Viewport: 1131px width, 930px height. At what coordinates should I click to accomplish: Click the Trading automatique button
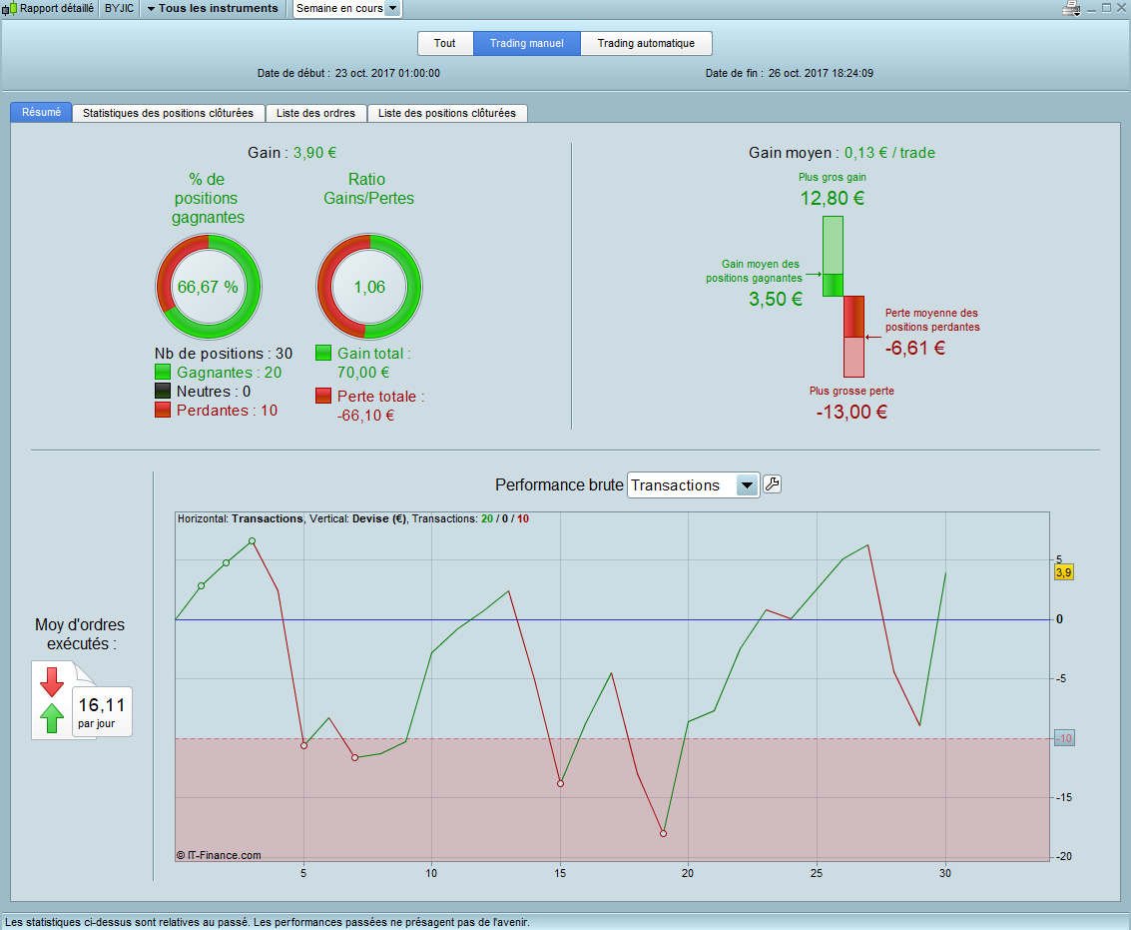pos(646,44)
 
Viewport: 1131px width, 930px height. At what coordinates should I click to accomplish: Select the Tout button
pos(445,44)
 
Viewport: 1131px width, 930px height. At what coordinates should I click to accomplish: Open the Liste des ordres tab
pos(316,113)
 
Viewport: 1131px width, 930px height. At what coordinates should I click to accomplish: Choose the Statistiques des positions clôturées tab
pos(168,113)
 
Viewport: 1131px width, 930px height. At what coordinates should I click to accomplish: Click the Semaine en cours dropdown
pos(347,8)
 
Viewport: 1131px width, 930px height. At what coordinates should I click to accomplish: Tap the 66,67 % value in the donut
pos(208,288)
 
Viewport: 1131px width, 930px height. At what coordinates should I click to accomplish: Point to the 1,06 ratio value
pos(369,288)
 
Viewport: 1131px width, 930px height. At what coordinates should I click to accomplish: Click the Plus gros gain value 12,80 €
pos(833,198)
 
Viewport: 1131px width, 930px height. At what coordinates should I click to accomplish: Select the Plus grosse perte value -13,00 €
pos(851,412)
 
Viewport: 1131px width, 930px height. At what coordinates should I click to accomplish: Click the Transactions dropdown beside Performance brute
pos(694,485)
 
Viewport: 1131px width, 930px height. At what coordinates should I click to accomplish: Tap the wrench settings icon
pos(772,484)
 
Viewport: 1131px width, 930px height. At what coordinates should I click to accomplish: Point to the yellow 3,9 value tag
pos(1064,572)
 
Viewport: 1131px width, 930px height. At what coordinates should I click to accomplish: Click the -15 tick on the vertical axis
pos(1064,797)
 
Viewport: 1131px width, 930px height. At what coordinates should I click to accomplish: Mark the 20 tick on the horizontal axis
pos(688,873)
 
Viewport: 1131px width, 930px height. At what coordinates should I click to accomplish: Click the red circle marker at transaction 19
pos(663,833)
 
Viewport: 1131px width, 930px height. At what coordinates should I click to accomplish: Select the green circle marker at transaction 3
pos(252,541)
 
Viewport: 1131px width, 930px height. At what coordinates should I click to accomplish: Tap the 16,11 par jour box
pos(102,711)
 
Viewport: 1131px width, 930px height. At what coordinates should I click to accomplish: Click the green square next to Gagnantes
pos(164,373)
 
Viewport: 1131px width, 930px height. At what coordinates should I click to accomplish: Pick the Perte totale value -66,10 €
pos(365,416)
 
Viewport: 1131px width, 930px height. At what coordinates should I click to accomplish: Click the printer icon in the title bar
pos(1072,9)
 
